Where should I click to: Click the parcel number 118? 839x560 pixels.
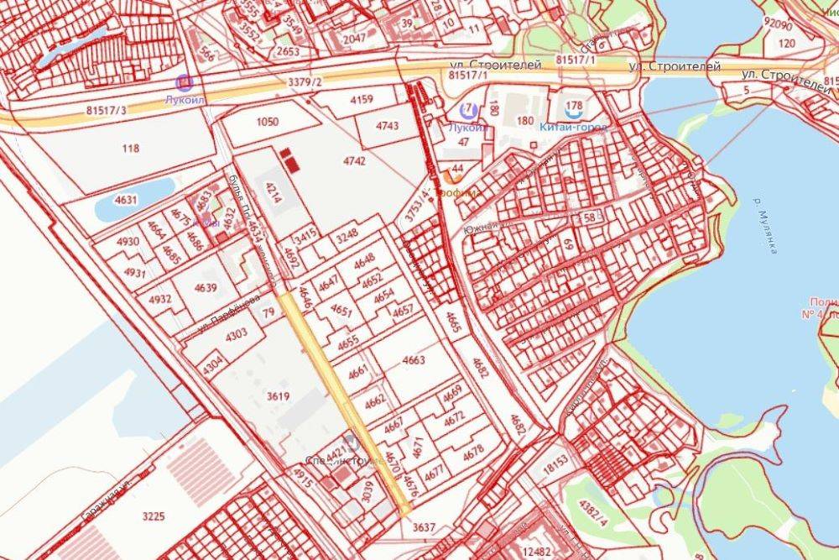coord(130,149)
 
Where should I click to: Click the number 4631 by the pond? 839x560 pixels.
coord(126,200)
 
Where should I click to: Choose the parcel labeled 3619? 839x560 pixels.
coord(277,397)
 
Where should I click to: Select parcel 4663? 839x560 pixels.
coord(414,360)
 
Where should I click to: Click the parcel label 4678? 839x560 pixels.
coord(474,451)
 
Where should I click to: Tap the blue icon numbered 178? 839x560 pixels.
coord(574,108)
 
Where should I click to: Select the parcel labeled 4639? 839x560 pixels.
coord(205,289)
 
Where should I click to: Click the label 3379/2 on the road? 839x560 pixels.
coord(305,81)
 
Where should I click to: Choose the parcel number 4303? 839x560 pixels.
coord(237,333)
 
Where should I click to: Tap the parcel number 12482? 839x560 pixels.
coord(537,552)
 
